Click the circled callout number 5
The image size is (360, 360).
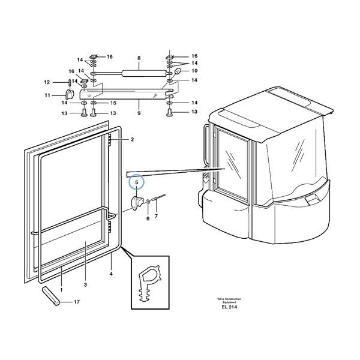click(x=136, y=181)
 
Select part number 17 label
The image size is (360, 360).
click(x=76, y=302)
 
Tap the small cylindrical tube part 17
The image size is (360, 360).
click(x=50, y=296)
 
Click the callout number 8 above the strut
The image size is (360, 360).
click(x=139, y=58)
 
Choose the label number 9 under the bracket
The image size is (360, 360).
click(x=139, y=113)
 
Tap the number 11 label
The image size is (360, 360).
click(x=47, y=95)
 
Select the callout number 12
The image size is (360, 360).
click(x=47, y=82)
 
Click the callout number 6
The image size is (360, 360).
click(x=148, y=218)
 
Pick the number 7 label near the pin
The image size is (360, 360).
click(x=156, y=215)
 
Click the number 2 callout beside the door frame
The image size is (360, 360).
click(x=132, y=139)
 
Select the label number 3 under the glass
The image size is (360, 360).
click(x=86, y=284)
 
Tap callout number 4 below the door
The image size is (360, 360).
click(x=111, y=274)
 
